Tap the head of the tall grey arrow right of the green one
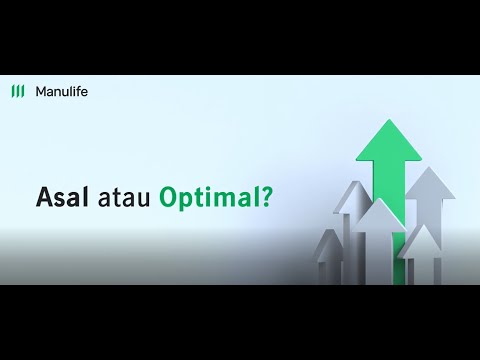click(429, 185)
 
